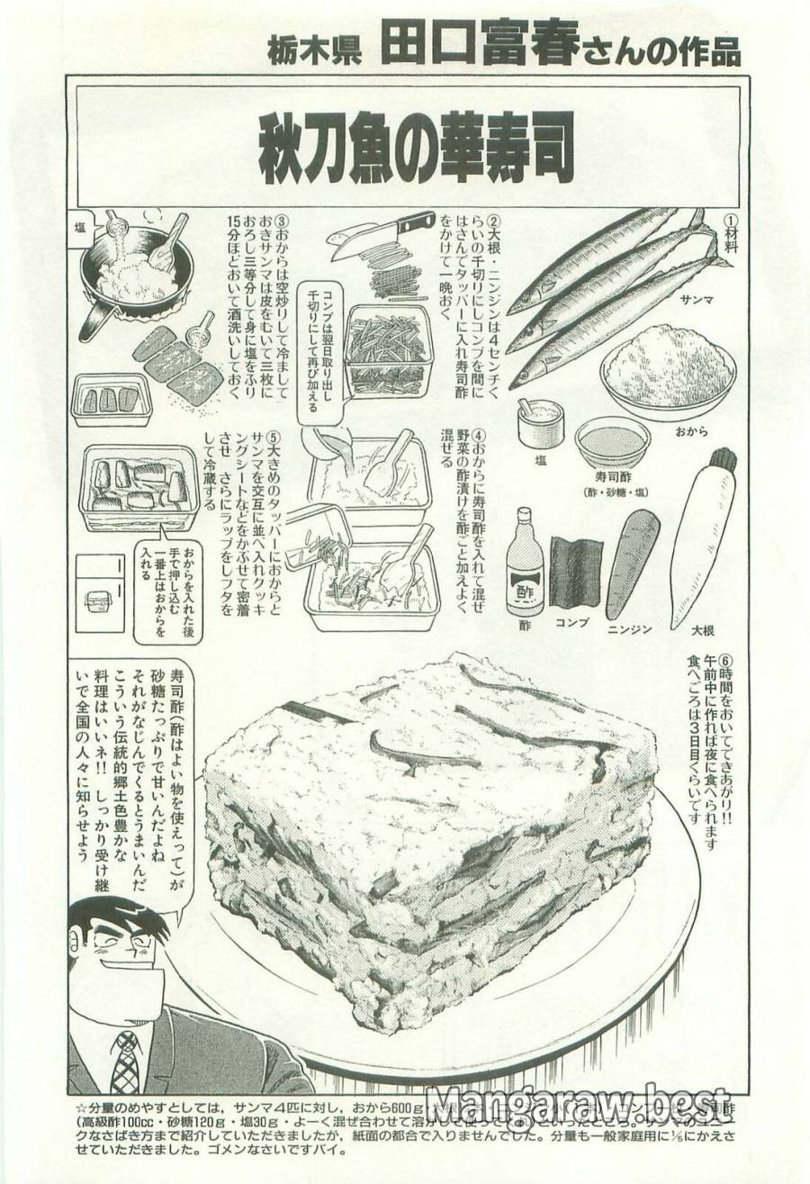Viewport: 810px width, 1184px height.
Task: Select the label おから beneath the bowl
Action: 689,431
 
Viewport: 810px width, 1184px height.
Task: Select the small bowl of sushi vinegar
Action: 612,441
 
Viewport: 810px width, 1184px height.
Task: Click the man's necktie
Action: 126,1063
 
